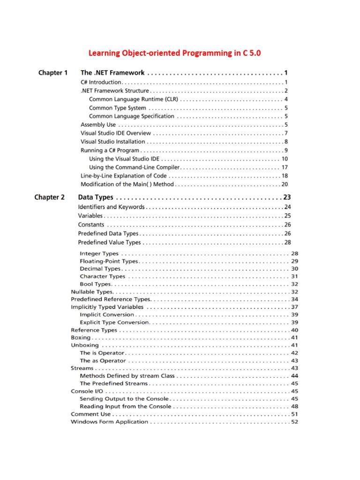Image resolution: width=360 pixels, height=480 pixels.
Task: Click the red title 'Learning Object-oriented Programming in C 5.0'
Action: [174, 53]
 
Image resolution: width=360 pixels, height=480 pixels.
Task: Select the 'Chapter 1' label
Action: [53, 73]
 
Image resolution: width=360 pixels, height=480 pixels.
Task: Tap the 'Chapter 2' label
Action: [50, 197]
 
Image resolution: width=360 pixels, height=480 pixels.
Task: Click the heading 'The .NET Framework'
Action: [112, 73]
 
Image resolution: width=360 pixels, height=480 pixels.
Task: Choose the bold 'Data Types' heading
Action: [96, 197]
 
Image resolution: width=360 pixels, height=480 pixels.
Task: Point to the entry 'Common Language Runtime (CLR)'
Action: [133, 99]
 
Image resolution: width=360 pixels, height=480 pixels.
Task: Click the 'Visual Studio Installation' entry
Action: [113, 142]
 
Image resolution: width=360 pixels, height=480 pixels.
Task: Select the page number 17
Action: [285, 167]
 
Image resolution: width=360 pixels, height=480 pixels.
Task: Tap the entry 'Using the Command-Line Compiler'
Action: [134, 167]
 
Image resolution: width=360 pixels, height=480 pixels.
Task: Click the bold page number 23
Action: [287, 197]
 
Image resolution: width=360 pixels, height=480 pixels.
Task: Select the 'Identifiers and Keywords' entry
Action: [111, 207]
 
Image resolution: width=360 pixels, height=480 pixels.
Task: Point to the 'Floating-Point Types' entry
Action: [109, 261]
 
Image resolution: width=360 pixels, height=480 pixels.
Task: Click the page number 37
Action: [295, 307]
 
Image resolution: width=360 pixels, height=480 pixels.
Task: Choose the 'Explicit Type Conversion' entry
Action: [114, 322]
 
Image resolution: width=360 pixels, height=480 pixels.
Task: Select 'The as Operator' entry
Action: [103, 360]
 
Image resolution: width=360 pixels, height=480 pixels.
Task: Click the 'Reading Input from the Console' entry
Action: [125, 406]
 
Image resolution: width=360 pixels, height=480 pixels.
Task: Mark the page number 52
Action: [295, 422]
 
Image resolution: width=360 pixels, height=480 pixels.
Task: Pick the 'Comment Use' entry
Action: [90, 414]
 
